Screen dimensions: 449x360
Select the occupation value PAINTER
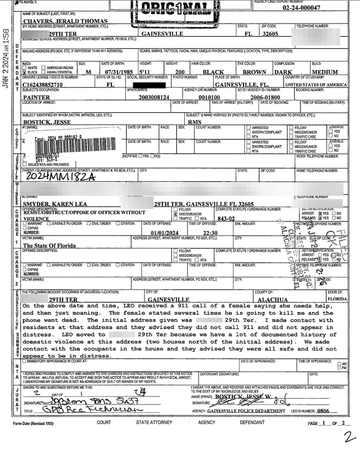pyautogui.click(x=36, y=97)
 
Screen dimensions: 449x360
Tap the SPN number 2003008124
pyautogui.click(x=155, y=97)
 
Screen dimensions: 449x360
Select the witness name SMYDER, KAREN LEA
pyautogui.click(x=55, y=204)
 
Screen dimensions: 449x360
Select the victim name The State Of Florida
pyautogui.click(x=51, y=246)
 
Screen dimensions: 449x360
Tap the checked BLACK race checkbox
pyautogui.click(x=25, y=73)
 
